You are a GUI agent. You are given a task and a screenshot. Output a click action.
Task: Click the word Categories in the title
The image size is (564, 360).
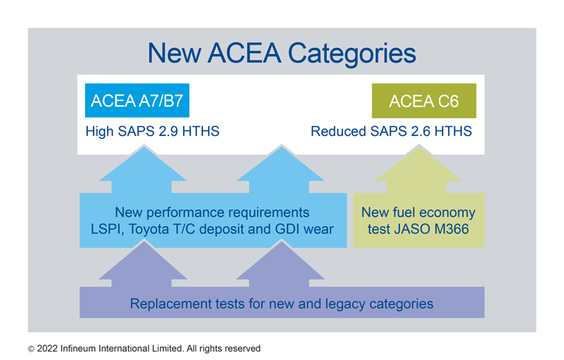352,54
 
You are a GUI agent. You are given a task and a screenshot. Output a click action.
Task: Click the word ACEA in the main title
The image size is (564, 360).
244,53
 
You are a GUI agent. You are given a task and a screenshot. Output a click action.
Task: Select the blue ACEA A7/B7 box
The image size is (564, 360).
137,100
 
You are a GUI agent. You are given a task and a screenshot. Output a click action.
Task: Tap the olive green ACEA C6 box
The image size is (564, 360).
423,100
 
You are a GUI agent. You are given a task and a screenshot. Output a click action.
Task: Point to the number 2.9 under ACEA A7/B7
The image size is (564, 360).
168,131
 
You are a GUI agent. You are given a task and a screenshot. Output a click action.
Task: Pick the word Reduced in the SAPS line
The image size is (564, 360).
338,131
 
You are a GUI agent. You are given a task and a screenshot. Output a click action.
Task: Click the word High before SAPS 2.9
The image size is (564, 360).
99,131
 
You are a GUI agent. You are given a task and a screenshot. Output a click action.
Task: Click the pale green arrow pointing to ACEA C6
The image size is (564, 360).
418,169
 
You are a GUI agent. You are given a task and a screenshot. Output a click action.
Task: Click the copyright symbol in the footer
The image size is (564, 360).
32,349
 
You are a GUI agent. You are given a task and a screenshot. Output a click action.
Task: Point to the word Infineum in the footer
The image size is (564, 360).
78,348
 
